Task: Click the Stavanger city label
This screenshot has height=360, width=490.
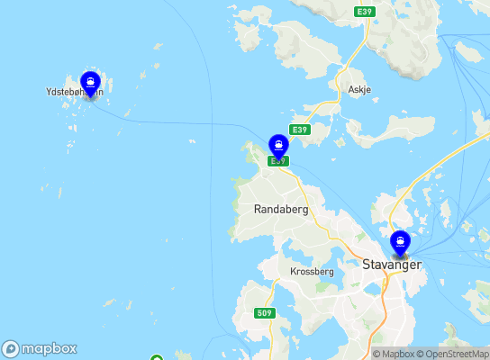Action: pos(392,265)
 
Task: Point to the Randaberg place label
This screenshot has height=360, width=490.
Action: pos(281,209)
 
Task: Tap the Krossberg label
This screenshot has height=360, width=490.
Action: pos(312,271)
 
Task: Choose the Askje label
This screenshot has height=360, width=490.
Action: pos(358,90)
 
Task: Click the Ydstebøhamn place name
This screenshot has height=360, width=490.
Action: pos(74,92)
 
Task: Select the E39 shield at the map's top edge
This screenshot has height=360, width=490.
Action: pos(364,11)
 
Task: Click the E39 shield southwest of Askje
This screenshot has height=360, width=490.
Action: pos(300,130)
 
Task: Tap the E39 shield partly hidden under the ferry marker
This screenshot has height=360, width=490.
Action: pos(277,160)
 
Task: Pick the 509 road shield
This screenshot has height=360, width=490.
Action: pos(264,313)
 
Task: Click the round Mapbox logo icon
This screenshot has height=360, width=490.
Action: pos(11,349)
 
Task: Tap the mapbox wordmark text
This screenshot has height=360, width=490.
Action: pos(50,349)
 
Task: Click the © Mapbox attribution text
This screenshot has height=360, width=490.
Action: pos(395,354)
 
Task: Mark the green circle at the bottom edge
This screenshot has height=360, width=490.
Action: pos(156,357)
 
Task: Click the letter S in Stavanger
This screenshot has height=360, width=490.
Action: pos(366,265)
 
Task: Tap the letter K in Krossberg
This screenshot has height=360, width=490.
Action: pos(294,271)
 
